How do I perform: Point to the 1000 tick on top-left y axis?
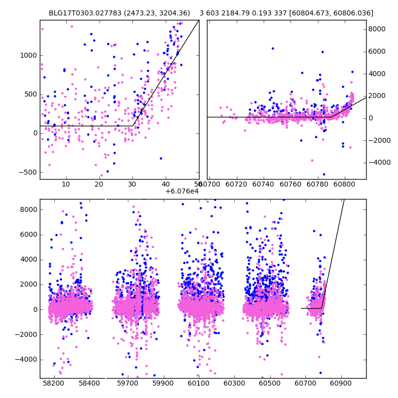[x=27, y=55]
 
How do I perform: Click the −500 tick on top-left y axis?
[x=27, y=172]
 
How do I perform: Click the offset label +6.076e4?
[x=182, y=191]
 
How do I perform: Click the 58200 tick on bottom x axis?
[x=54, y=385]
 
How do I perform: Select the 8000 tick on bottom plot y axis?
[x=27, y=209]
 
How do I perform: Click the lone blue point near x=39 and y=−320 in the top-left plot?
[x=161, y=158]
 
